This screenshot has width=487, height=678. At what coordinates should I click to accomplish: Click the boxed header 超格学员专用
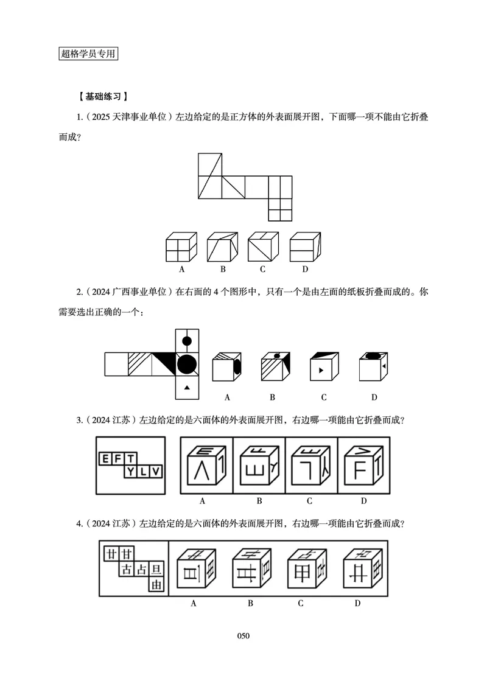pos(88,54)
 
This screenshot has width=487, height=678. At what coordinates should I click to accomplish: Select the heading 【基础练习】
pos(103,96)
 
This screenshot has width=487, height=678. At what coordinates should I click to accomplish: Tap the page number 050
pos(243,636)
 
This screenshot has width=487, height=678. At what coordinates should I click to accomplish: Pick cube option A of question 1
pos(181,248)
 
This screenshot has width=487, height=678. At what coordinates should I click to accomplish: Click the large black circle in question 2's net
pos(187,365)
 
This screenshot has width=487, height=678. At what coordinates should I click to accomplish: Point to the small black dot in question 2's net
pos(187,341)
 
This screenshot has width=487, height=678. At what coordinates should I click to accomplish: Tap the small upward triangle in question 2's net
pos(187,388)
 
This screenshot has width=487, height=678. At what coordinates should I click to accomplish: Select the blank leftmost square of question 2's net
pos(116,365)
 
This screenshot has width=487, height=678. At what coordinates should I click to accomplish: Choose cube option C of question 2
pos(323,368)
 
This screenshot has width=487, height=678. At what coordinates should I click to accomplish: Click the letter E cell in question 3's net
pos(106,458)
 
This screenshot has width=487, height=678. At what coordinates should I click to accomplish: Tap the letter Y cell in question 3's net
pos(130,471)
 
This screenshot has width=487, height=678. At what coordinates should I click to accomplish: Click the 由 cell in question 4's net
pos(156,585)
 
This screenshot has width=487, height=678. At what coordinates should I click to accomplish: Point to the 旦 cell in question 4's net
pos(156,570)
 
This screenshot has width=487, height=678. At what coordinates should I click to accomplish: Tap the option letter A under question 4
pos(193,603)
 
